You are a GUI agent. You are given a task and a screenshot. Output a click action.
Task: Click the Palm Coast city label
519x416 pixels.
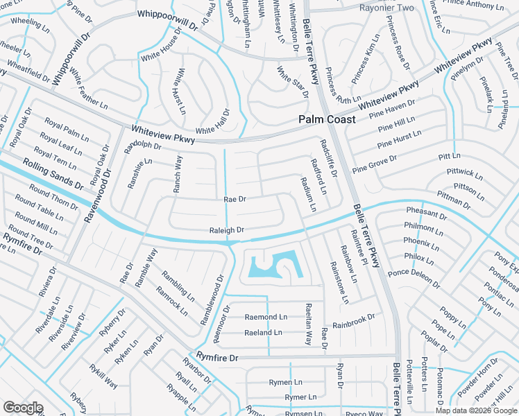click(327, 119)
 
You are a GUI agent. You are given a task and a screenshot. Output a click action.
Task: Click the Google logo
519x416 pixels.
click(23, 408)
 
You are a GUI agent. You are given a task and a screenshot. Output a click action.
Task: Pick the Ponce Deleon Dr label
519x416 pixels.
click(414, 277)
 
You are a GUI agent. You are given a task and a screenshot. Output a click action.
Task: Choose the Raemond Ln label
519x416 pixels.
click(266, 317)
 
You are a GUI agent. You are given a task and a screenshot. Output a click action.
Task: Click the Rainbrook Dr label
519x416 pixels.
click(353, 320)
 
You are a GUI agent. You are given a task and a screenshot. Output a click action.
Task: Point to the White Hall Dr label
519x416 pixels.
click(212, 121)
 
